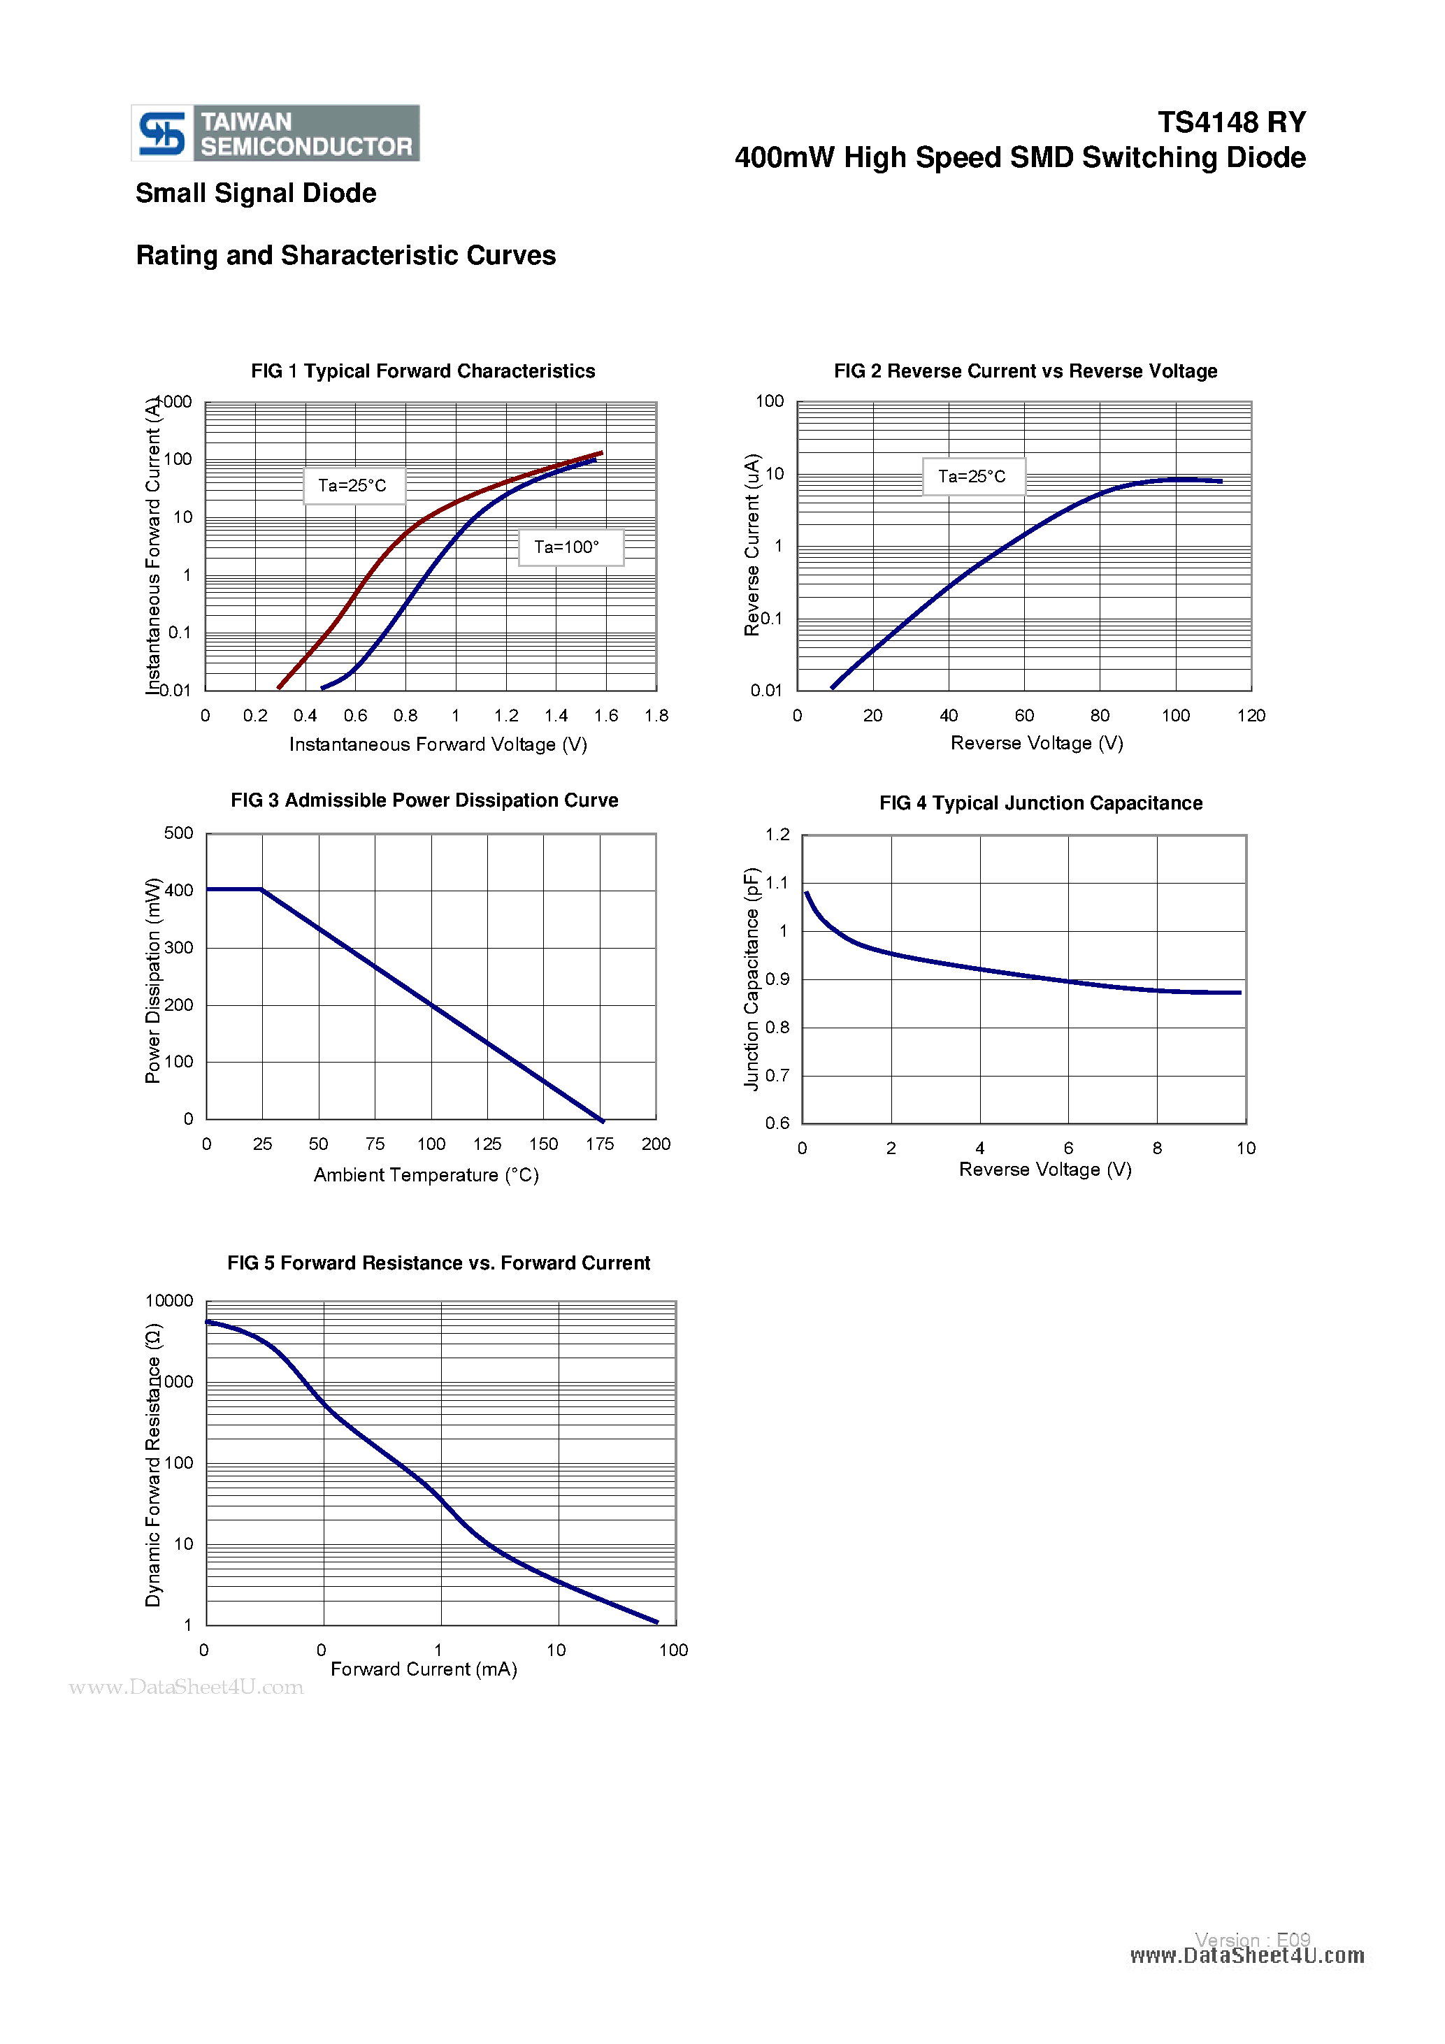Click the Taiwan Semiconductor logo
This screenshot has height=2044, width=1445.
275,134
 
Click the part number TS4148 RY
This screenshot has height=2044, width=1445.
1230,122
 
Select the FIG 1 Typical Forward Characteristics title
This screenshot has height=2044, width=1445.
423,371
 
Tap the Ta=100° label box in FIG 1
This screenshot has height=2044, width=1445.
570,547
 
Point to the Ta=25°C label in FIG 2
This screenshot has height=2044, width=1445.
972,476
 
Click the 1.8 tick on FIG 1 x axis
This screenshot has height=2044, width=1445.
656,716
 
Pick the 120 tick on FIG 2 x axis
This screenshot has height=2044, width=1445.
1250,716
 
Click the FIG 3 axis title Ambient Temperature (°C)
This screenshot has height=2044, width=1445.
426,1175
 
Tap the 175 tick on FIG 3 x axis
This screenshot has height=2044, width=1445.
599,1144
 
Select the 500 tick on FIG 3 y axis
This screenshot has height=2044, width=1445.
178,833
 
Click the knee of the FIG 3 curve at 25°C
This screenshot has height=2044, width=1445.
261,889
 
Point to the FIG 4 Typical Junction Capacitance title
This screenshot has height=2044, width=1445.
1040,803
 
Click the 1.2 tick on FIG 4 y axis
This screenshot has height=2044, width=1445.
777,834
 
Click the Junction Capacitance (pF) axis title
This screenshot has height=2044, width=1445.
752,979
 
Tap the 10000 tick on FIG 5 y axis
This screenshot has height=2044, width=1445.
169,1301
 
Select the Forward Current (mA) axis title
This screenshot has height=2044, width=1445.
424,1669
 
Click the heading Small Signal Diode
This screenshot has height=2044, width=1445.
256,193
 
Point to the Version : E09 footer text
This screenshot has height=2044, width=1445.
1252,1940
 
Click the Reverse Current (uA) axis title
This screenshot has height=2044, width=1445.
752,545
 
